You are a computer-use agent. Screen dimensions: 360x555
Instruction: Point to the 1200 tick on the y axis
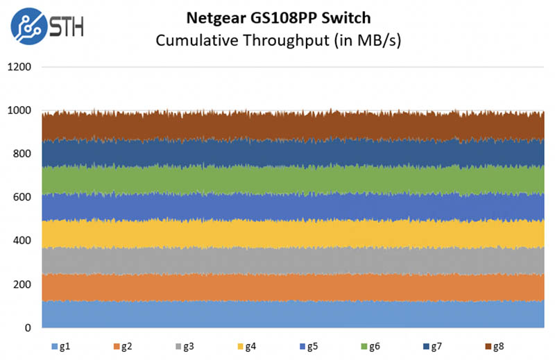click(21, 67)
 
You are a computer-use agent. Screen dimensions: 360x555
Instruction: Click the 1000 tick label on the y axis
click(21, 111)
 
